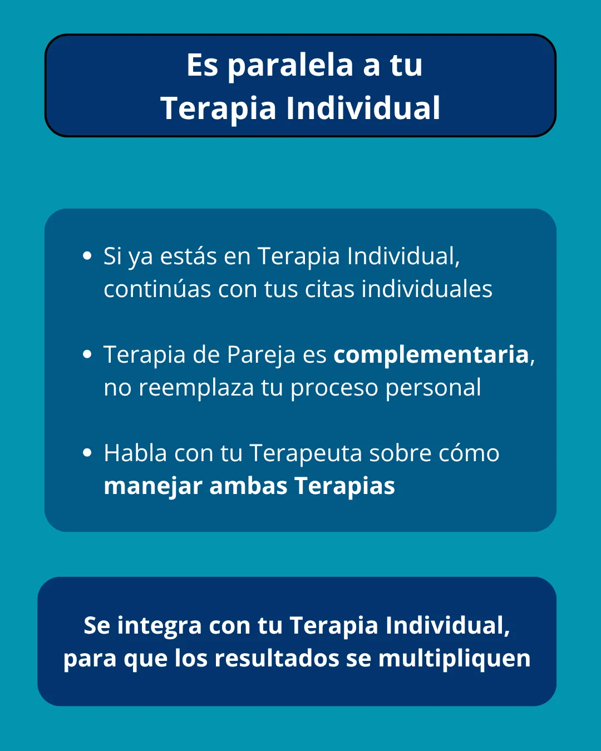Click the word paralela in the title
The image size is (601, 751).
[290, 66]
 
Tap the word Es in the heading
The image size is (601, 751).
[202, 65]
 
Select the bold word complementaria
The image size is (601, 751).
[431, 355]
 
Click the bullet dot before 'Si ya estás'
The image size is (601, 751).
[87, 256]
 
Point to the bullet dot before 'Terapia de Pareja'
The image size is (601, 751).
[87, 354]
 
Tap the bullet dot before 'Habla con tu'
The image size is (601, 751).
[87, 453]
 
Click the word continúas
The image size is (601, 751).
[157, 289]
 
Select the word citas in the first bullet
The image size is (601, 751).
[329, 289]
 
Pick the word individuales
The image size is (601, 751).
[427, 289]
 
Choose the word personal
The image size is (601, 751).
[433, 388]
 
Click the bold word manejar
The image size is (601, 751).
[152, 486]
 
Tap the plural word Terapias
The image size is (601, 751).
[344, 486]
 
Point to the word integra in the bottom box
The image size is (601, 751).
[159, 626]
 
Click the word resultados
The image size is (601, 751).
[277, 659]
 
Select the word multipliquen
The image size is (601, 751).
[454, 659]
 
